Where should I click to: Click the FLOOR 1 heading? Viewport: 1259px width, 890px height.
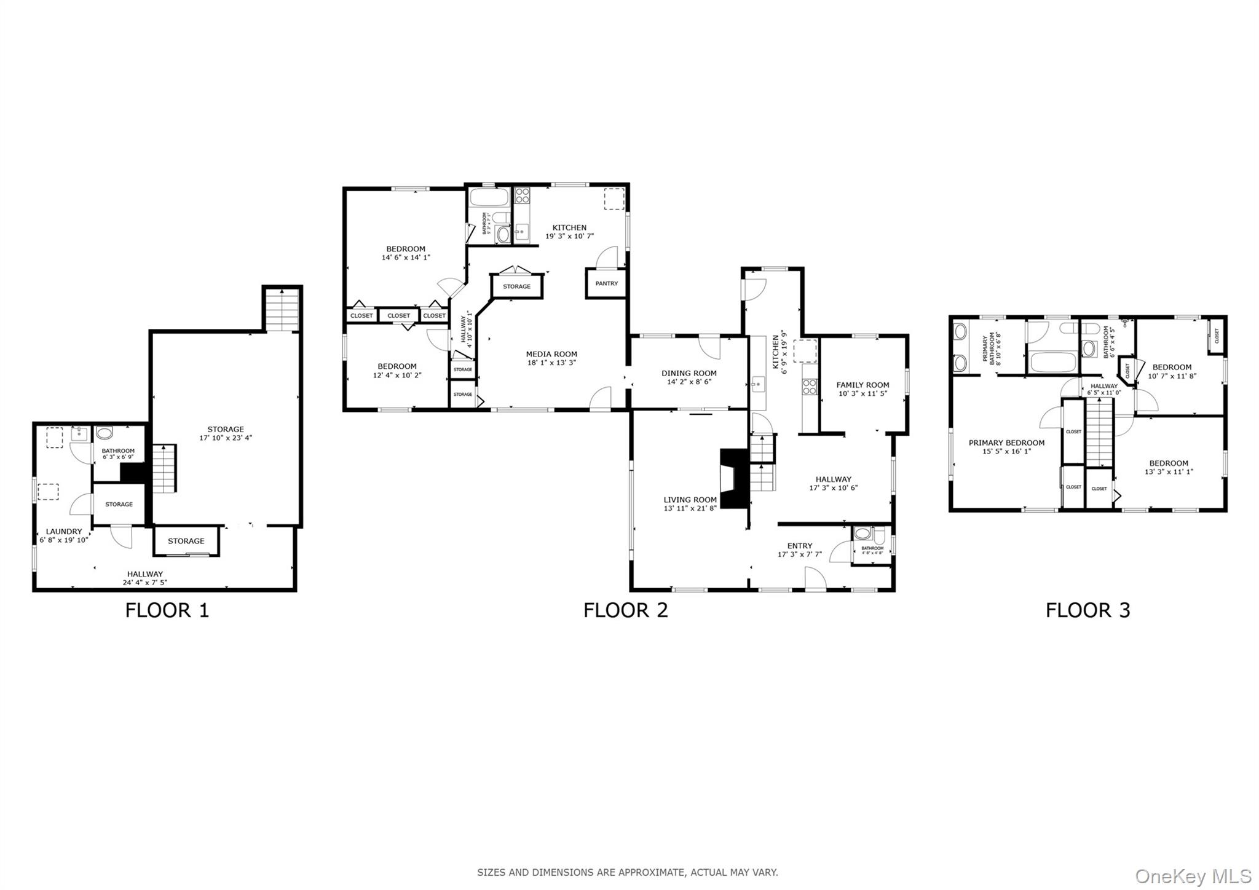pos(167,610)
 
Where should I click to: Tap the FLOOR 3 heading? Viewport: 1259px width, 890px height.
pos(1087,610)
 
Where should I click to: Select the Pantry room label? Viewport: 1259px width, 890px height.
pos(606,283)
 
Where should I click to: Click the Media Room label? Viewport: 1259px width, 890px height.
pos(551,354)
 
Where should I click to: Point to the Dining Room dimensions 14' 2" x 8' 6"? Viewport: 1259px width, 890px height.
pos(689,382)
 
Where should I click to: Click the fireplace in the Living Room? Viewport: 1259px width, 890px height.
pos(734,479)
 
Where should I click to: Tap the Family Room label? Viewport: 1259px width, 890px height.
pos(862,385)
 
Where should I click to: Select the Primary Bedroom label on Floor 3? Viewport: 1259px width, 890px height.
pos(1006,443)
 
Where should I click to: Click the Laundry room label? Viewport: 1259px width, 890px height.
pos(64,532)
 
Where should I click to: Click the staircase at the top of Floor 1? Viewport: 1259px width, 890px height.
pos(282,311)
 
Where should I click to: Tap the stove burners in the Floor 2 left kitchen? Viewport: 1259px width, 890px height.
pos(523,195)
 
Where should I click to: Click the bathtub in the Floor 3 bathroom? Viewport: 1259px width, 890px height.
pos(1052,361)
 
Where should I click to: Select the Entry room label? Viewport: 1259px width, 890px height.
pos(799,546)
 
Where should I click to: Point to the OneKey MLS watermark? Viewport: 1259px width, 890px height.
pos(1193,875)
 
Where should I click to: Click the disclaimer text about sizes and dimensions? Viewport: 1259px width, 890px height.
pos(627,872)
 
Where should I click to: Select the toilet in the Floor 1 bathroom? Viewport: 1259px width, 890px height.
pos(105,433)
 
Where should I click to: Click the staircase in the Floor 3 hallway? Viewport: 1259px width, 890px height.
pos(1099,431)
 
